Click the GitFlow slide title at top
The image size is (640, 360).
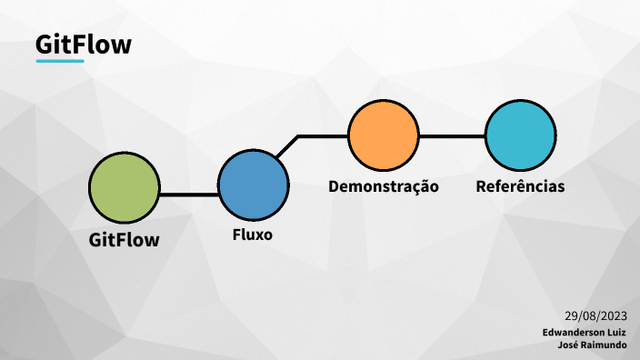pos(83,44)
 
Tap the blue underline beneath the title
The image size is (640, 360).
pos(60,61)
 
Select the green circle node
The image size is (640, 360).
pos(124,186)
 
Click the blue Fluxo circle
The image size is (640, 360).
pos(254,185)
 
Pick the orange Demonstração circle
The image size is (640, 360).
pos(384,135)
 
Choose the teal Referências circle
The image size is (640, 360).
pos(520,135)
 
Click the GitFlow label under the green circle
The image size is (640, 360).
pos(125,240)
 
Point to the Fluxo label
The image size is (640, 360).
pos(253,235)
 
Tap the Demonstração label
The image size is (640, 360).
pos(384,186)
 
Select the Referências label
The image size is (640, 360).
pos(520,186)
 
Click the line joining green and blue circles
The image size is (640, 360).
pos(189,193)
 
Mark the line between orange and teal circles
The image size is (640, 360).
pos(452,136)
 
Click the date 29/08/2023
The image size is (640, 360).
pos(595,316)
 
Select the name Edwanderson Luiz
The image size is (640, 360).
pos(585,333)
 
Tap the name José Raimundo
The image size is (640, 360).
pos(596,345)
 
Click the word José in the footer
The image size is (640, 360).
pos(572,345)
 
